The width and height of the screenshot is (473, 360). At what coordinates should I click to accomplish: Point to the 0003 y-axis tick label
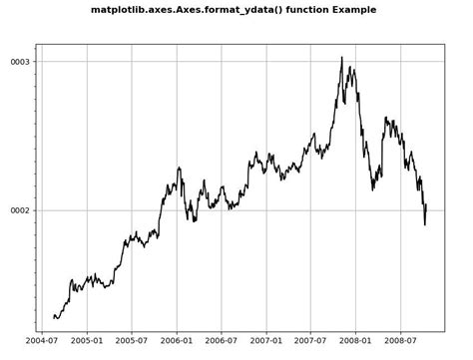(x=20, y=62)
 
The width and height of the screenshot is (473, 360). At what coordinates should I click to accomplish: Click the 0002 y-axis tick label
(x=20, y=210)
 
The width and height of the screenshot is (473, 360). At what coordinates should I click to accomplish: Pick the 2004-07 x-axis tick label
(x=41, y=340)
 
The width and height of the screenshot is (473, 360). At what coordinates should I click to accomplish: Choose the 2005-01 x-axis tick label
(x=87, y=340)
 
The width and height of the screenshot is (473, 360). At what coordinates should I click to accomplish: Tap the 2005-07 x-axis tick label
(x=132, y=340)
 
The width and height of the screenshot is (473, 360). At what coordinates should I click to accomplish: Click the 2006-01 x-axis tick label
(x=177, y=340)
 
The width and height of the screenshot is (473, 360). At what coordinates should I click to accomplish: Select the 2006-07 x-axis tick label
(x=222, y=340)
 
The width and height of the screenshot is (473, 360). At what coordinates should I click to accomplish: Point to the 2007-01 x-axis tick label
(x=266, y=340)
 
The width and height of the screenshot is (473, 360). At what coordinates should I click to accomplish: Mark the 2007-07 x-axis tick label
(x=311, y=340)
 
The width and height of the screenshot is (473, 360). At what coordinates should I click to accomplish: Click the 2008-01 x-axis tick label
(x=356, y=340)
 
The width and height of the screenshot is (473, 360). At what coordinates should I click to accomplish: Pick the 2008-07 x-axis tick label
(x=401, y=340)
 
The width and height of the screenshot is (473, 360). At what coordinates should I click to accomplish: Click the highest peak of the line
(x=341, y=58)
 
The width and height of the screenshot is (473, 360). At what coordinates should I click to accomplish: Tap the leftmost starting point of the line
(x=54, y=317)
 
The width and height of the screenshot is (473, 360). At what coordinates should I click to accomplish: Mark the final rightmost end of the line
(x=426, y=204)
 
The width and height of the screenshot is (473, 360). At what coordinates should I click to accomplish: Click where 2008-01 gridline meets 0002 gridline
(x=356, y=210)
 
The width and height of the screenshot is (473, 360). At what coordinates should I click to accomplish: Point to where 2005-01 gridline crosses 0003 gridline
(x=87, y=62)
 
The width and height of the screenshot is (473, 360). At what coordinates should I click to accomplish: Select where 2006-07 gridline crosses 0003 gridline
(x=222, y=62)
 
